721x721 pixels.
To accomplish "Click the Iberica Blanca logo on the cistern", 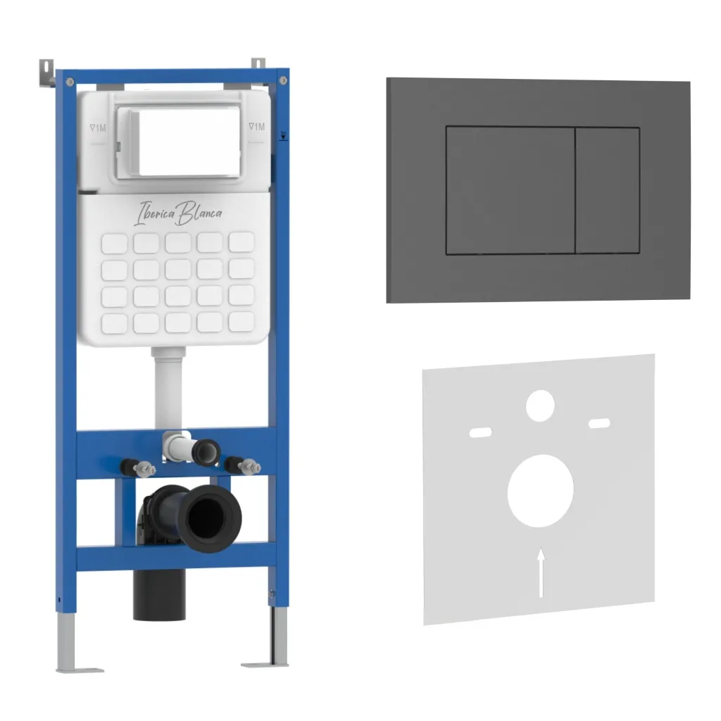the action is [x=178, y=213].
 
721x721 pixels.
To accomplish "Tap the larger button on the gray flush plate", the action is [x=510, y=190].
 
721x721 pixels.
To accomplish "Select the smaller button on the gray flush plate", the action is [x=608, y=190].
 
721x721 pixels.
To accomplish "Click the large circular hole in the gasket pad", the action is [x=540, y=491].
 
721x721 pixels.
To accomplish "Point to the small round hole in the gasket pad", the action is [x=540, y=406].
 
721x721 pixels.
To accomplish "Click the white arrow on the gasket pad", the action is [x=541, y=572].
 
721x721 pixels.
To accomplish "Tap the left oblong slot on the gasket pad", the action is [x=480, y=432].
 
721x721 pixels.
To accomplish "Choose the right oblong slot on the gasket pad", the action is [x=600, y=423].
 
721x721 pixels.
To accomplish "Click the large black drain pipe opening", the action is [x=210, y=518].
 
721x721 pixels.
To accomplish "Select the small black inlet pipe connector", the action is [x=206, y=452].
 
